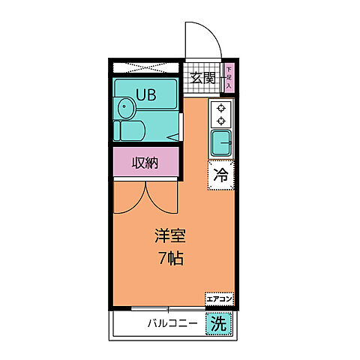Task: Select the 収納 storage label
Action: (x=145, y=163)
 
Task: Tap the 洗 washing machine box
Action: (x=218, y=325)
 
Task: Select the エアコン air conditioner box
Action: (x=219, y=299)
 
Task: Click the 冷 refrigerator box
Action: (x=220, y=176)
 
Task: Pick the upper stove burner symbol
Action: (x=221, y=107)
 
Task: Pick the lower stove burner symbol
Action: (x=221, y=119)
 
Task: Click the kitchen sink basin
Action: (x=221, y=141)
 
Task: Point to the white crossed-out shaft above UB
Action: (x=145, y=67)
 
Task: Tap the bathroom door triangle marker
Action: (x=172, y=136)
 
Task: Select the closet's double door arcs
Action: (x=145, y=196)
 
